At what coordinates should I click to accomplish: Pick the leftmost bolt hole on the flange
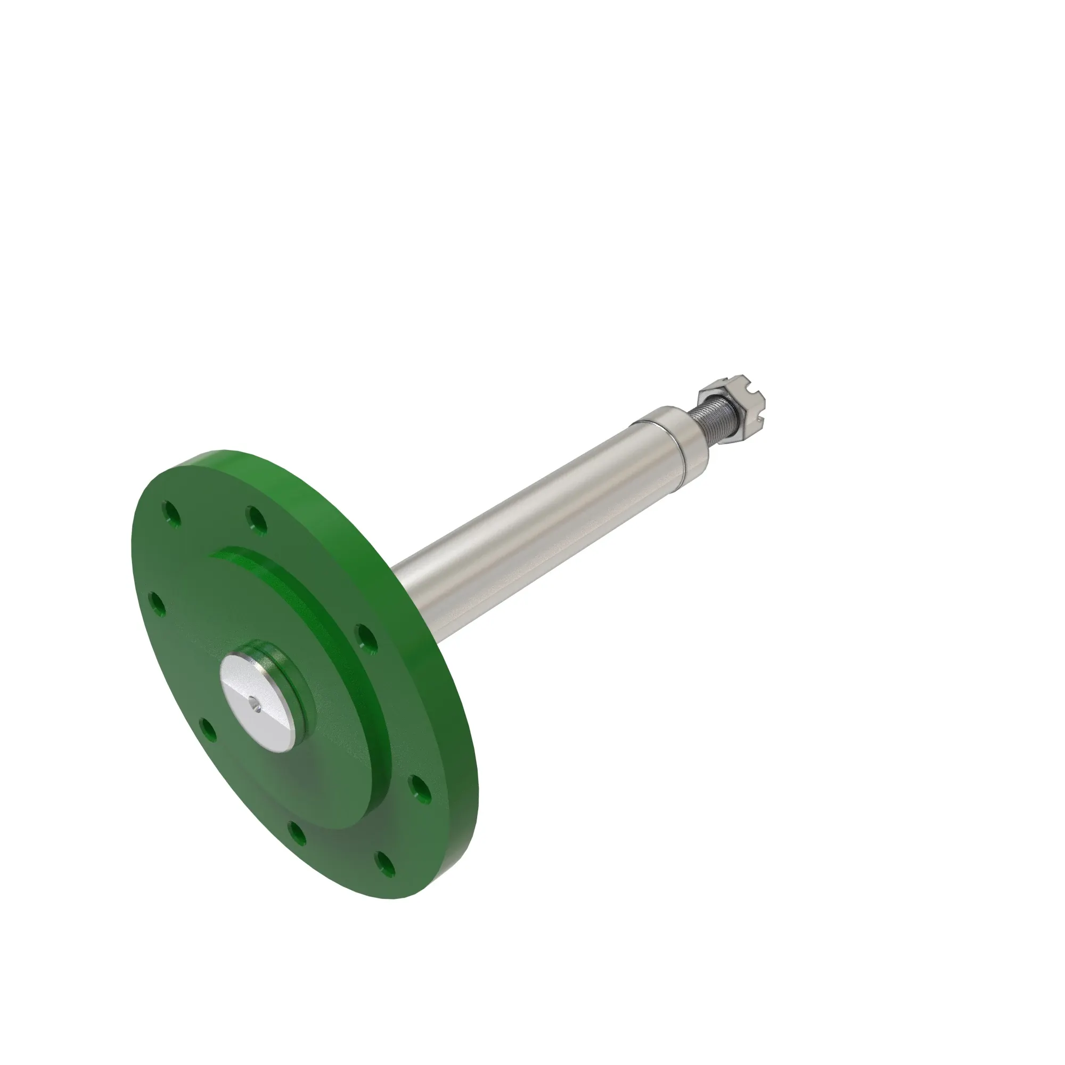pos(158,604)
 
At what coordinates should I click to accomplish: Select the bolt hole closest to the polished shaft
pos(366,637)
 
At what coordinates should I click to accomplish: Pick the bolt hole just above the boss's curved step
pos(257,519)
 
